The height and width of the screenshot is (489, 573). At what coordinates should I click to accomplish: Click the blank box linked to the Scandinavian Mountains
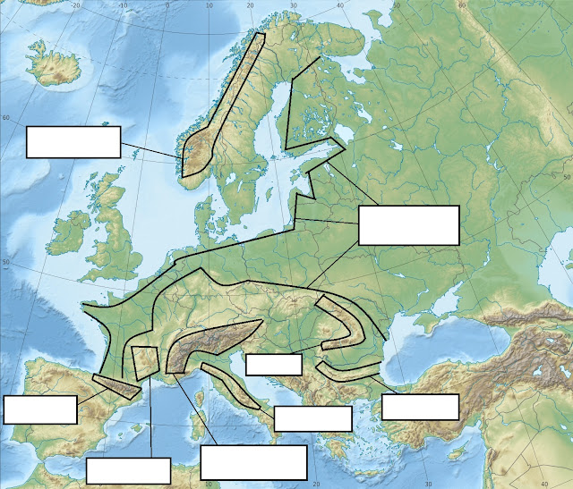[x=73, y=142]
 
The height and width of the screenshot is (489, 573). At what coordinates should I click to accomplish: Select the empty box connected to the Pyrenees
[x=39, y=409]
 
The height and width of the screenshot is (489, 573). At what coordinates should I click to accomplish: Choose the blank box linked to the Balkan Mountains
[x=420, y=407]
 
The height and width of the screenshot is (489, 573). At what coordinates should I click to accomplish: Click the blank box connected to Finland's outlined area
[x=408, y=224]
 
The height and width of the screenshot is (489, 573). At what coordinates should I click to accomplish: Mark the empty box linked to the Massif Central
[x=128, y=471]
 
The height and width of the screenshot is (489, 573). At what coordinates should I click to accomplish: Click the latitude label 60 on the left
[x=6, y=118]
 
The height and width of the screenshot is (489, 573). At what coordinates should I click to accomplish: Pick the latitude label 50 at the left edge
[x=6, y=262]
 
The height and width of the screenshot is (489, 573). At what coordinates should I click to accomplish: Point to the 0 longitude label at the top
[x=167, y=5]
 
